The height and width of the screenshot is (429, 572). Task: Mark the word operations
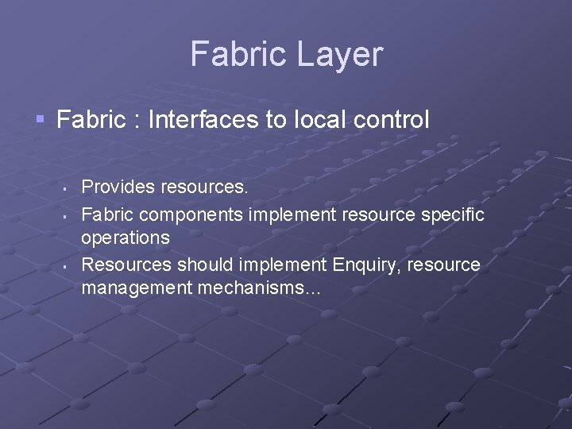pos(125,238)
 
